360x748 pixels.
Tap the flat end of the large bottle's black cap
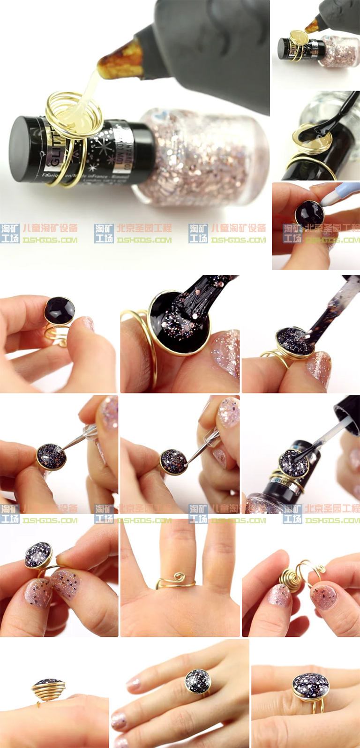(x=19, y=149)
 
